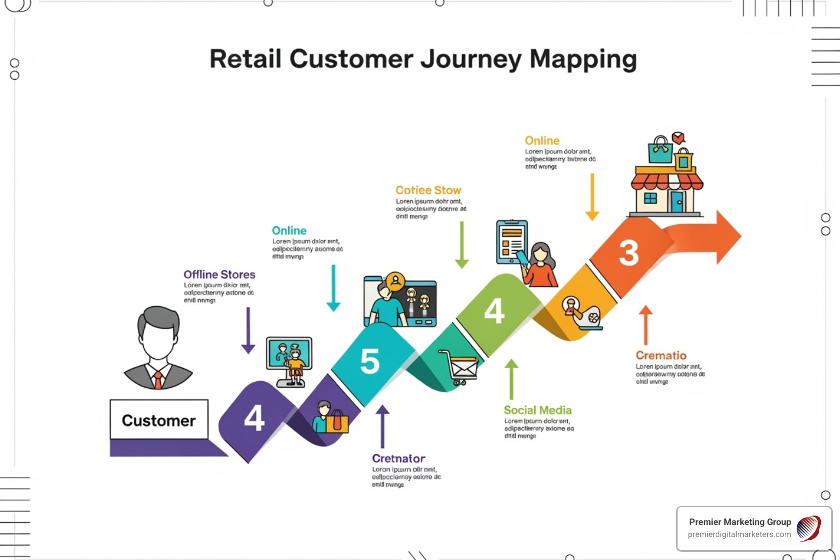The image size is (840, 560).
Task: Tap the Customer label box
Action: pyautogui.click(x=159, y=420)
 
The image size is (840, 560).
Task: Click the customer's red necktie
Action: pyautogui.click(x=158, y=379)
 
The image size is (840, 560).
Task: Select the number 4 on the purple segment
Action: pyautogui.click(x=254, y=418)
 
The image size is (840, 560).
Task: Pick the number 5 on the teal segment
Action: pyautogui.click(x=370, y=361)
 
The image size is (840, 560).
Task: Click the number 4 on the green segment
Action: pyautogui.click(x=494, y=311)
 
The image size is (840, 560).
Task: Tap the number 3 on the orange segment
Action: pyautogui.click(x=628, y=253)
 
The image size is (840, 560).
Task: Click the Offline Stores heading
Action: pyautogui.click(x=219, y=275)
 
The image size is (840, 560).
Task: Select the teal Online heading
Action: pyautogui.click(x=289, y=231)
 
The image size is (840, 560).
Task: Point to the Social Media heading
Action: pyautogui.click(x=537, y=410)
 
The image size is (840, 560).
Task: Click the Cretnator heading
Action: pyautogui.click(x=398, y=458)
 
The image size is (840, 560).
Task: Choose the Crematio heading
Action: pyautogui.click(x=661, y=355)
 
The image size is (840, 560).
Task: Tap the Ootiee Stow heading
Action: pyautogui.click(x=428, y=190)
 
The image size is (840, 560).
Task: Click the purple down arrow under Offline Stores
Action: pyautogui.click(x=248, y=330)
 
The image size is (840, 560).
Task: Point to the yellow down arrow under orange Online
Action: pyautogui.click(x=592, y=197)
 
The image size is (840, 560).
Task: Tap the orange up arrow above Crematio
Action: pyautogui.click(x=646, y=325)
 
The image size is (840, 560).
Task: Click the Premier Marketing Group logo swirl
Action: pyautogui.click(x=808, y=528)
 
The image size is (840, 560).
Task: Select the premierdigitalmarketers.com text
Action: pyautogui.click(x=739, y=534)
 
